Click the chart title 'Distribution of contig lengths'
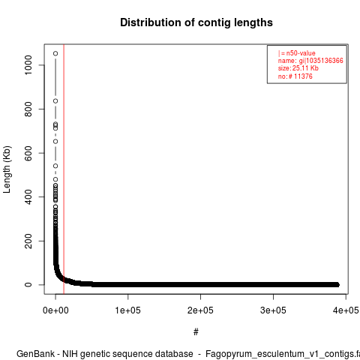196,22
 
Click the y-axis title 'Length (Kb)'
7,169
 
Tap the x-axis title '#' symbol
196,332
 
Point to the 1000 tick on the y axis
28,65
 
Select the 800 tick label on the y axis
28,109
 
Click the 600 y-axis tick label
28,153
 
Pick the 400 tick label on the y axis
28,196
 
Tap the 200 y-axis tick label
28,241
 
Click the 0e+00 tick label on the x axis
55,310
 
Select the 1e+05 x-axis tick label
128,310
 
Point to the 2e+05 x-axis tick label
200,310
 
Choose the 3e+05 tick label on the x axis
273,310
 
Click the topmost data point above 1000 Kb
55,53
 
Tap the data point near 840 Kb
55,101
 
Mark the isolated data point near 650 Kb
55,142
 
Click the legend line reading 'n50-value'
296,53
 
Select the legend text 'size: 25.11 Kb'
298,68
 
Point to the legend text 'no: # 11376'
295,76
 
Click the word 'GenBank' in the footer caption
35,354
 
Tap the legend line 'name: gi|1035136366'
310,61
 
